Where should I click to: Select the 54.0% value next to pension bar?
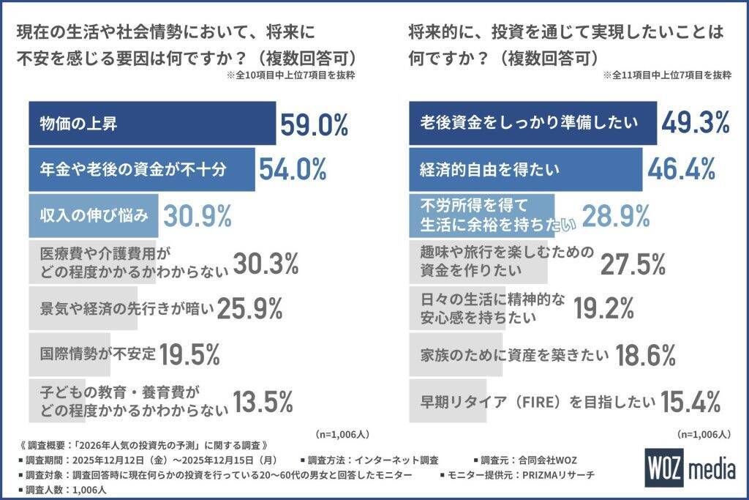pos(293,169)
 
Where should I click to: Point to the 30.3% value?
pos(266,262)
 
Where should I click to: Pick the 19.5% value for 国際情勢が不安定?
pos(190,355)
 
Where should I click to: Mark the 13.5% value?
pos(263,401)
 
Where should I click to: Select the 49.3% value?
pos(696,122)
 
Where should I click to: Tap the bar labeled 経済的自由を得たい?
pos(525,170)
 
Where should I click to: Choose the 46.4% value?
pos(681,169)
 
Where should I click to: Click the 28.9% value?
pos(616,216)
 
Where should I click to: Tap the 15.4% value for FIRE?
pos(691,401)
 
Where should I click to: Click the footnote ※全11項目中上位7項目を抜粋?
pos(666,75)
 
